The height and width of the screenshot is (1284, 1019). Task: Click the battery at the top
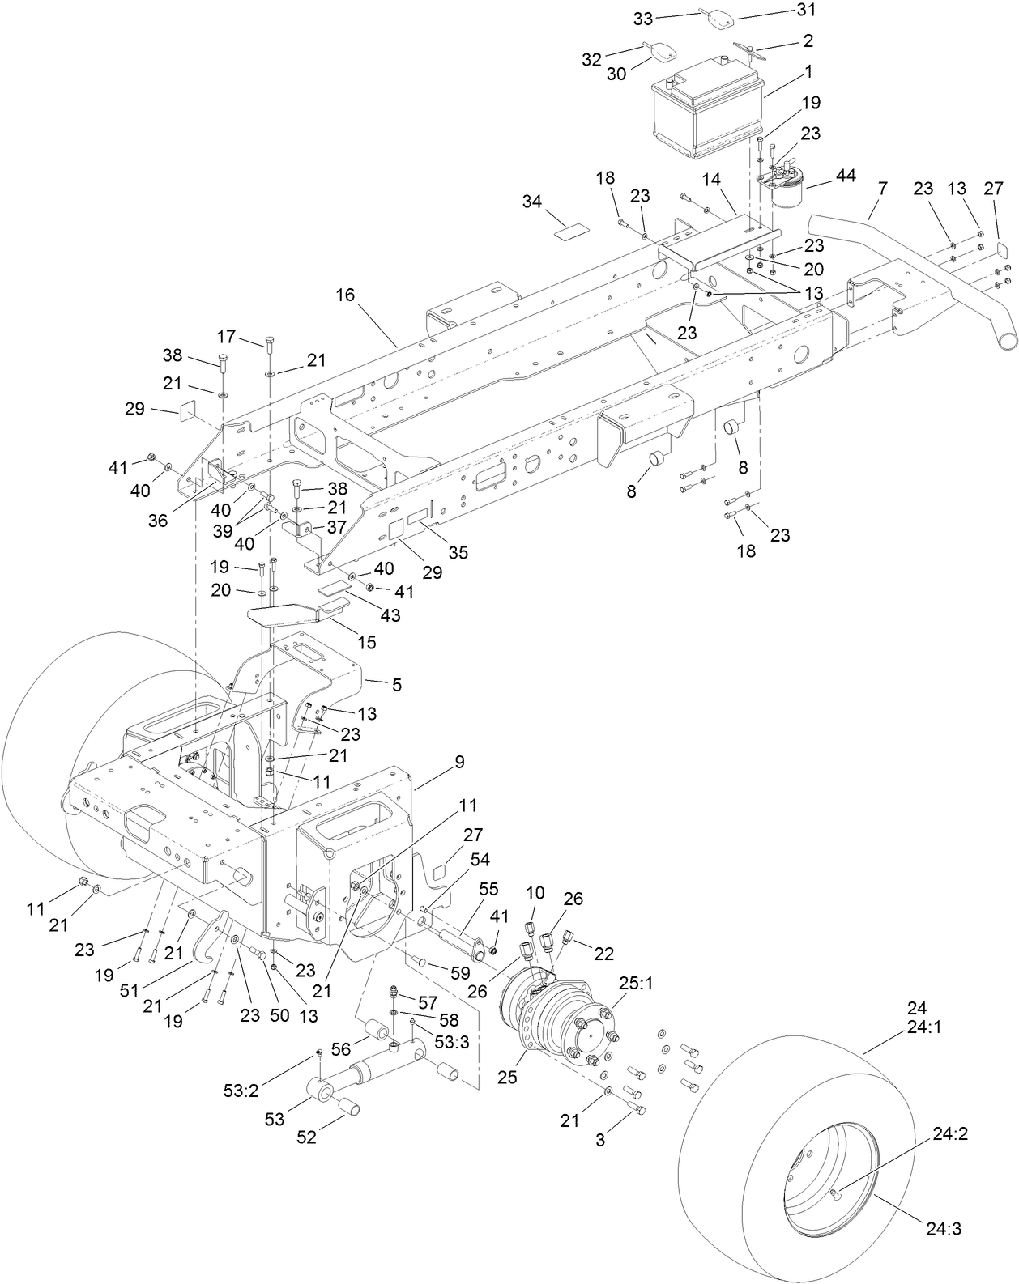coord(709,113)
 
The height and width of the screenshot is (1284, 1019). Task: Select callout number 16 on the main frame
coord(346,295)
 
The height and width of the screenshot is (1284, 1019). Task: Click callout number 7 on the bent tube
coord(882,188)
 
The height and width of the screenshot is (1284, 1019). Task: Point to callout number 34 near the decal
coord(532,202)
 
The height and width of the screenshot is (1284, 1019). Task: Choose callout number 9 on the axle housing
coord(459,762)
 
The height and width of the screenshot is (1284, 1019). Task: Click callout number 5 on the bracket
coord(397,685)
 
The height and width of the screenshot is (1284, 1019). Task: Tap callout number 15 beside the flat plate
coord(367,642)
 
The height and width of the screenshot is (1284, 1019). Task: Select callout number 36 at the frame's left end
coord(157,521)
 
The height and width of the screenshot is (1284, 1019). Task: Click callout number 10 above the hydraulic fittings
coord(535,893)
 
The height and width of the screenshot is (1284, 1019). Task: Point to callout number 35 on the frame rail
coord(459,552)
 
